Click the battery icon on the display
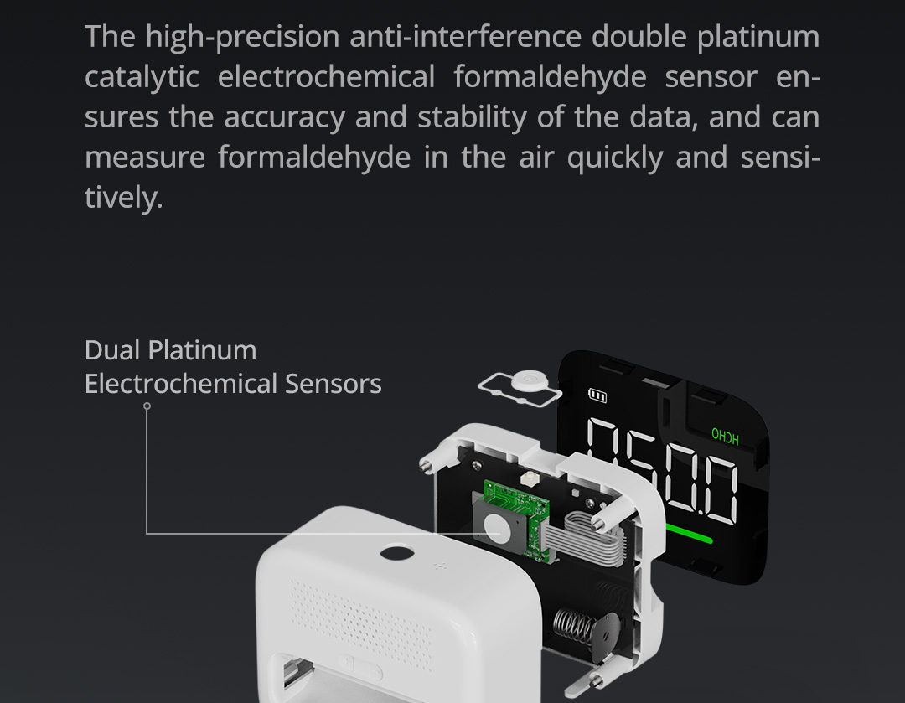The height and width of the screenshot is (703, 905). (x=597, y=395)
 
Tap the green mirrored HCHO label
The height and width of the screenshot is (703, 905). (x=725, y=436)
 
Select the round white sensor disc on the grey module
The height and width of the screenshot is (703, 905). (x=496, y=526)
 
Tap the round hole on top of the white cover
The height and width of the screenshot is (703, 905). (x=397, y=553)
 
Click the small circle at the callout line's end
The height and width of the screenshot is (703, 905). (x=147, y=406)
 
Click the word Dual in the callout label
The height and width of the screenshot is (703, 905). (x=112, y=350)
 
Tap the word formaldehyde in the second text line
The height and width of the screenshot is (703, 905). (x=550, y=78)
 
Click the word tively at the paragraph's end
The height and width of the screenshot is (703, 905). (x=123, y=198)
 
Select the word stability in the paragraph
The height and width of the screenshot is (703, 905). (x=472, y=118)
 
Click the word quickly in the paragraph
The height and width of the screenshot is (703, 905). (x=615, y=158)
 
